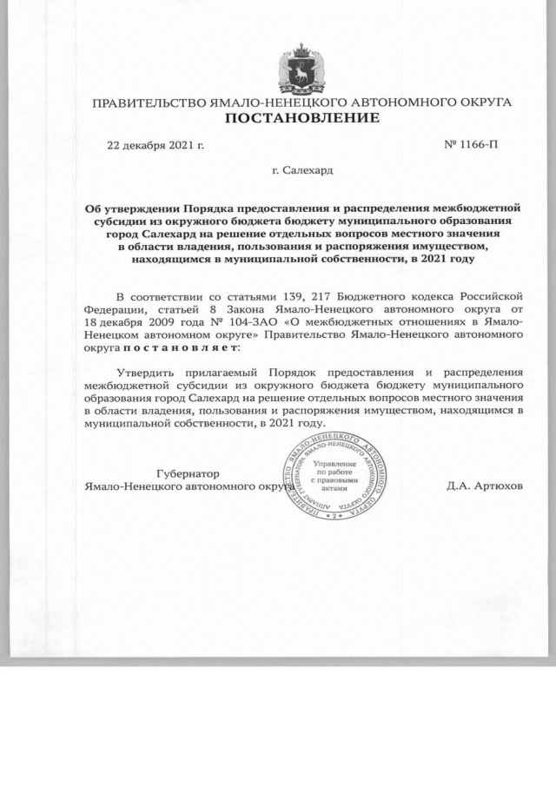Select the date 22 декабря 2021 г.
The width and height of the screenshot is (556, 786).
click(x=155, y=144)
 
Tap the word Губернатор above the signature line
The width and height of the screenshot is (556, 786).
click(x=187, y=473)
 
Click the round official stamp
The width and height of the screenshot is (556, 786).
click(x=334, y=475)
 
